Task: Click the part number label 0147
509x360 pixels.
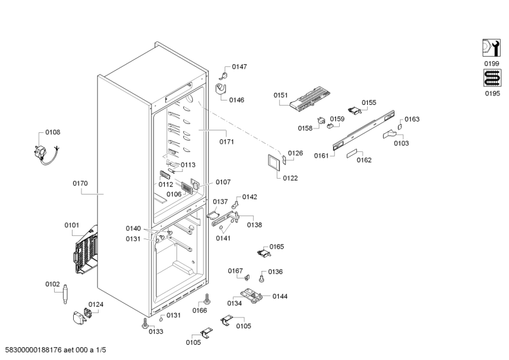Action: [x=239, y=67]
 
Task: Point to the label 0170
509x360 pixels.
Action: [x=80, y=183]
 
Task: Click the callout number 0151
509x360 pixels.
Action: [x=281, y=95]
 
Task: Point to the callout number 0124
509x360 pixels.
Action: [x=95, y=304]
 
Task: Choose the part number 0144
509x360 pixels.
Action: [x=280, y=296]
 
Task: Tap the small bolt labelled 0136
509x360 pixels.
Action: [x=261, y=278]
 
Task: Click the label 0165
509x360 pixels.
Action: [x=276, y=247]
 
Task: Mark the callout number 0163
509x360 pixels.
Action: [x=412, y=119]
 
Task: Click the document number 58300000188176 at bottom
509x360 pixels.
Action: [x=34, y=350]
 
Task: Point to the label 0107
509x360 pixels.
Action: [x=223, y=182]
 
